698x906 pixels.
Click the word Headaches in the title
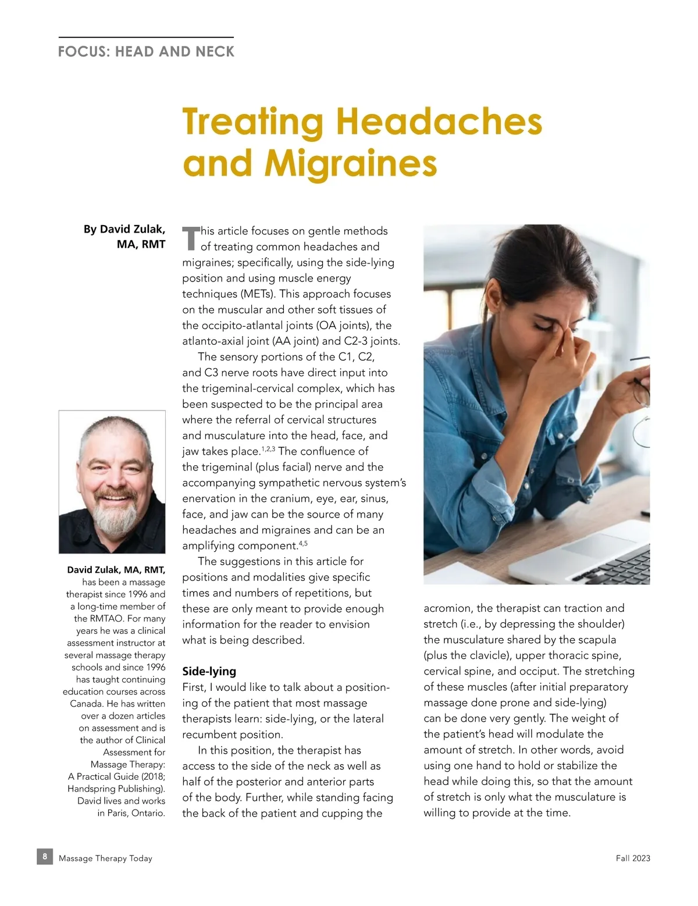point(439,122)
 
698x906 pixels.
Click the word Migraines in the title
point(351,163)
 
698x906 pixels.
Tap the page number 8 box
point(45,857)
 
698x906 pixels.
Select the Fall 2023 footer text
point(633,858)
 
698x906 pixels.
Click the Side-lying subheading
point(209,671)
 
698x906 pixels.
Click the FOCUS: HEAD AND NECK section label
point(146,52)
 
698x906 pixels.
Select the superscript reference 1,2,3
point(268,449)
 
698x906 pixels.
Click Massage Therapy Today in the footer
point(105,858)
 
